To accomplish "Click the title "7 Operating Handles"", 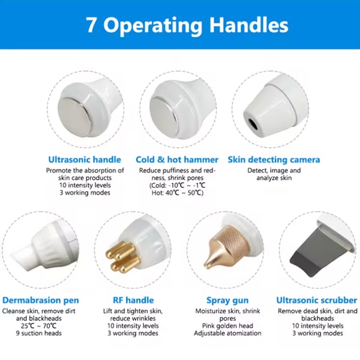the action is (187, 25).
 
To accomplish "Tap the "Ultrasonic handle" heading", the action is (85, 160).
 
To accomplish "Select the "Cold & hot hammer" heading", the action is (177, 160).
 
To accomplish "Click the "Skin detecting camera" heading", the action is (274, 160).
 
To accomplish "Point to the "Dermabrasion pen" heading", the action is (41, 301).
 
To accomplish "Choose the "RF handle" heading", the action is (133, 300).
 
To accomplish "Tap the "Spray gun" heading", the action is (227, 301).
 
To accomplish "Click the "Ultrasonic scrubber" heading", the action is (317, 300).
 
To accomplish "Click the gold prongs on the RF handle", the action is (122, 256).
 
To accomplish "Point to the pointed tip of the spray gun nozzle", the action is (205, 266).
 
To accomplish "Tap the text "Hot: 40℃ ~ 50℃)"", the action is (178, 193).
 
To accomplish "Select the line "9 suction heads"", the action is (39, 333).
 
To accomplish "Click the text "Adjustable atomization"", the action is (227, 333).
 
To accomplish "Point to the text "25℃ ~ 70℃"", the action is (38, 326).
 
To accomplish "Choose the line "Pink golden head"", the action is (227, 326).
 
